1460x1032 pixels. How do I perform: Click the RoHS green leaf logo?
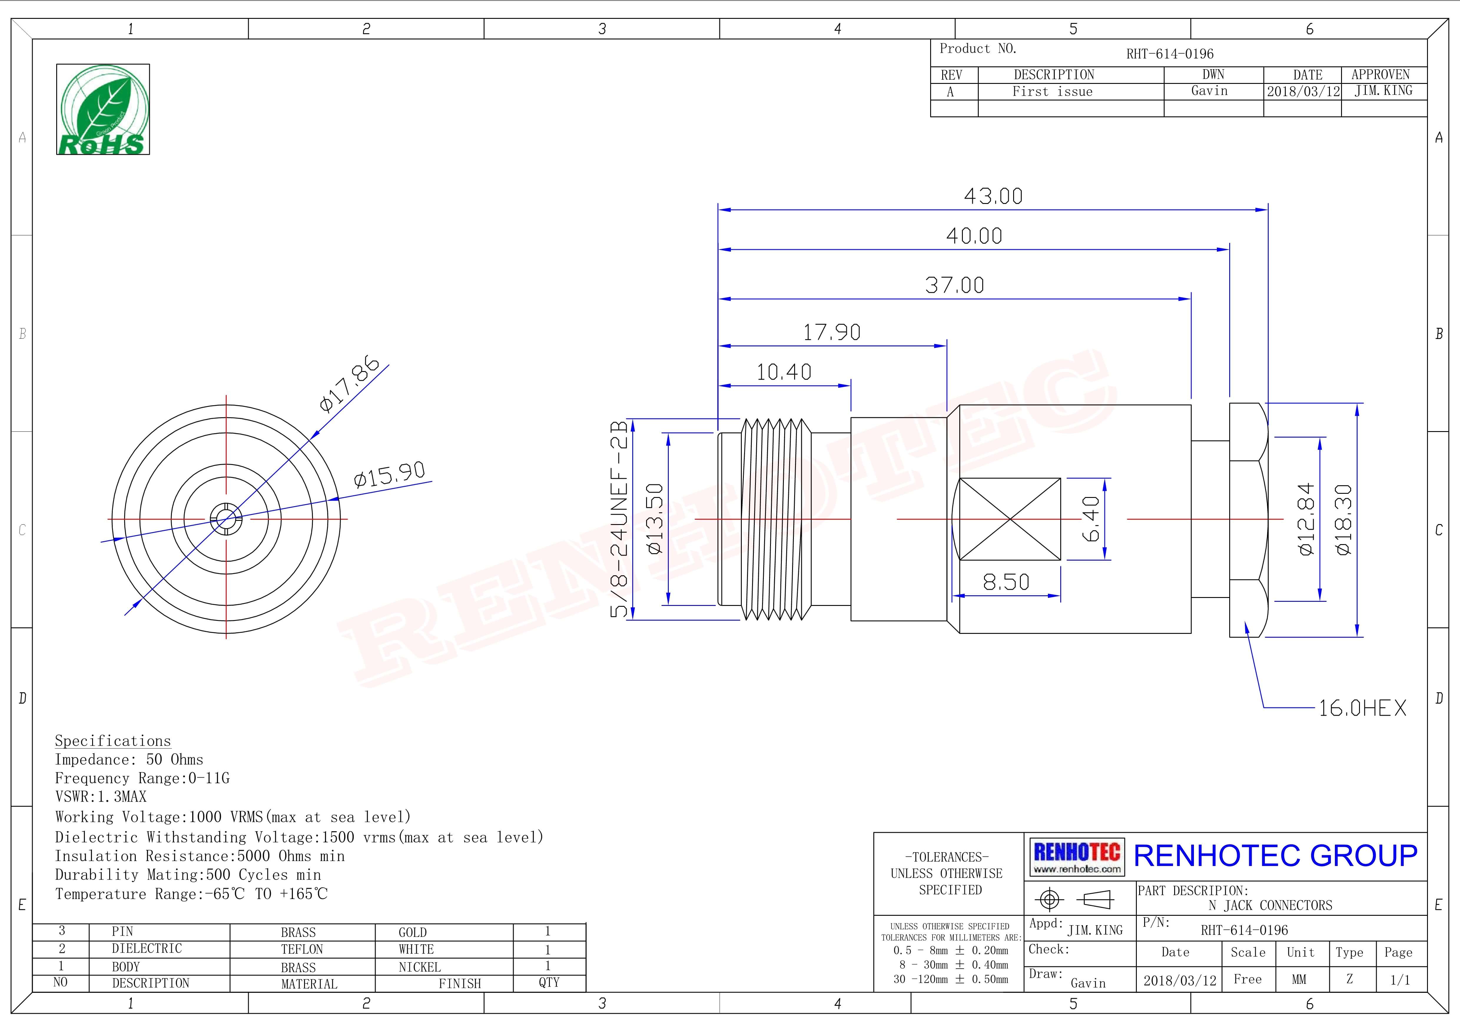tap(103, 109)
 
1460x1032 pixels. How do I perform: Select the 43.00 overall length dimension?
tap(993, 196)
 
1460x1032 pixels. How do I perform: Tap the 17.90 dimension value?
tap(832, 332)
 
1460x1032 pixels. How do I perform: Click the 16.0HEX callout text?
tap(1362, 708)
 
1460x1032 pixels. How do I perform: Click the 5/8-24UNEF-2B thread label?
tap(619, 519)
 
